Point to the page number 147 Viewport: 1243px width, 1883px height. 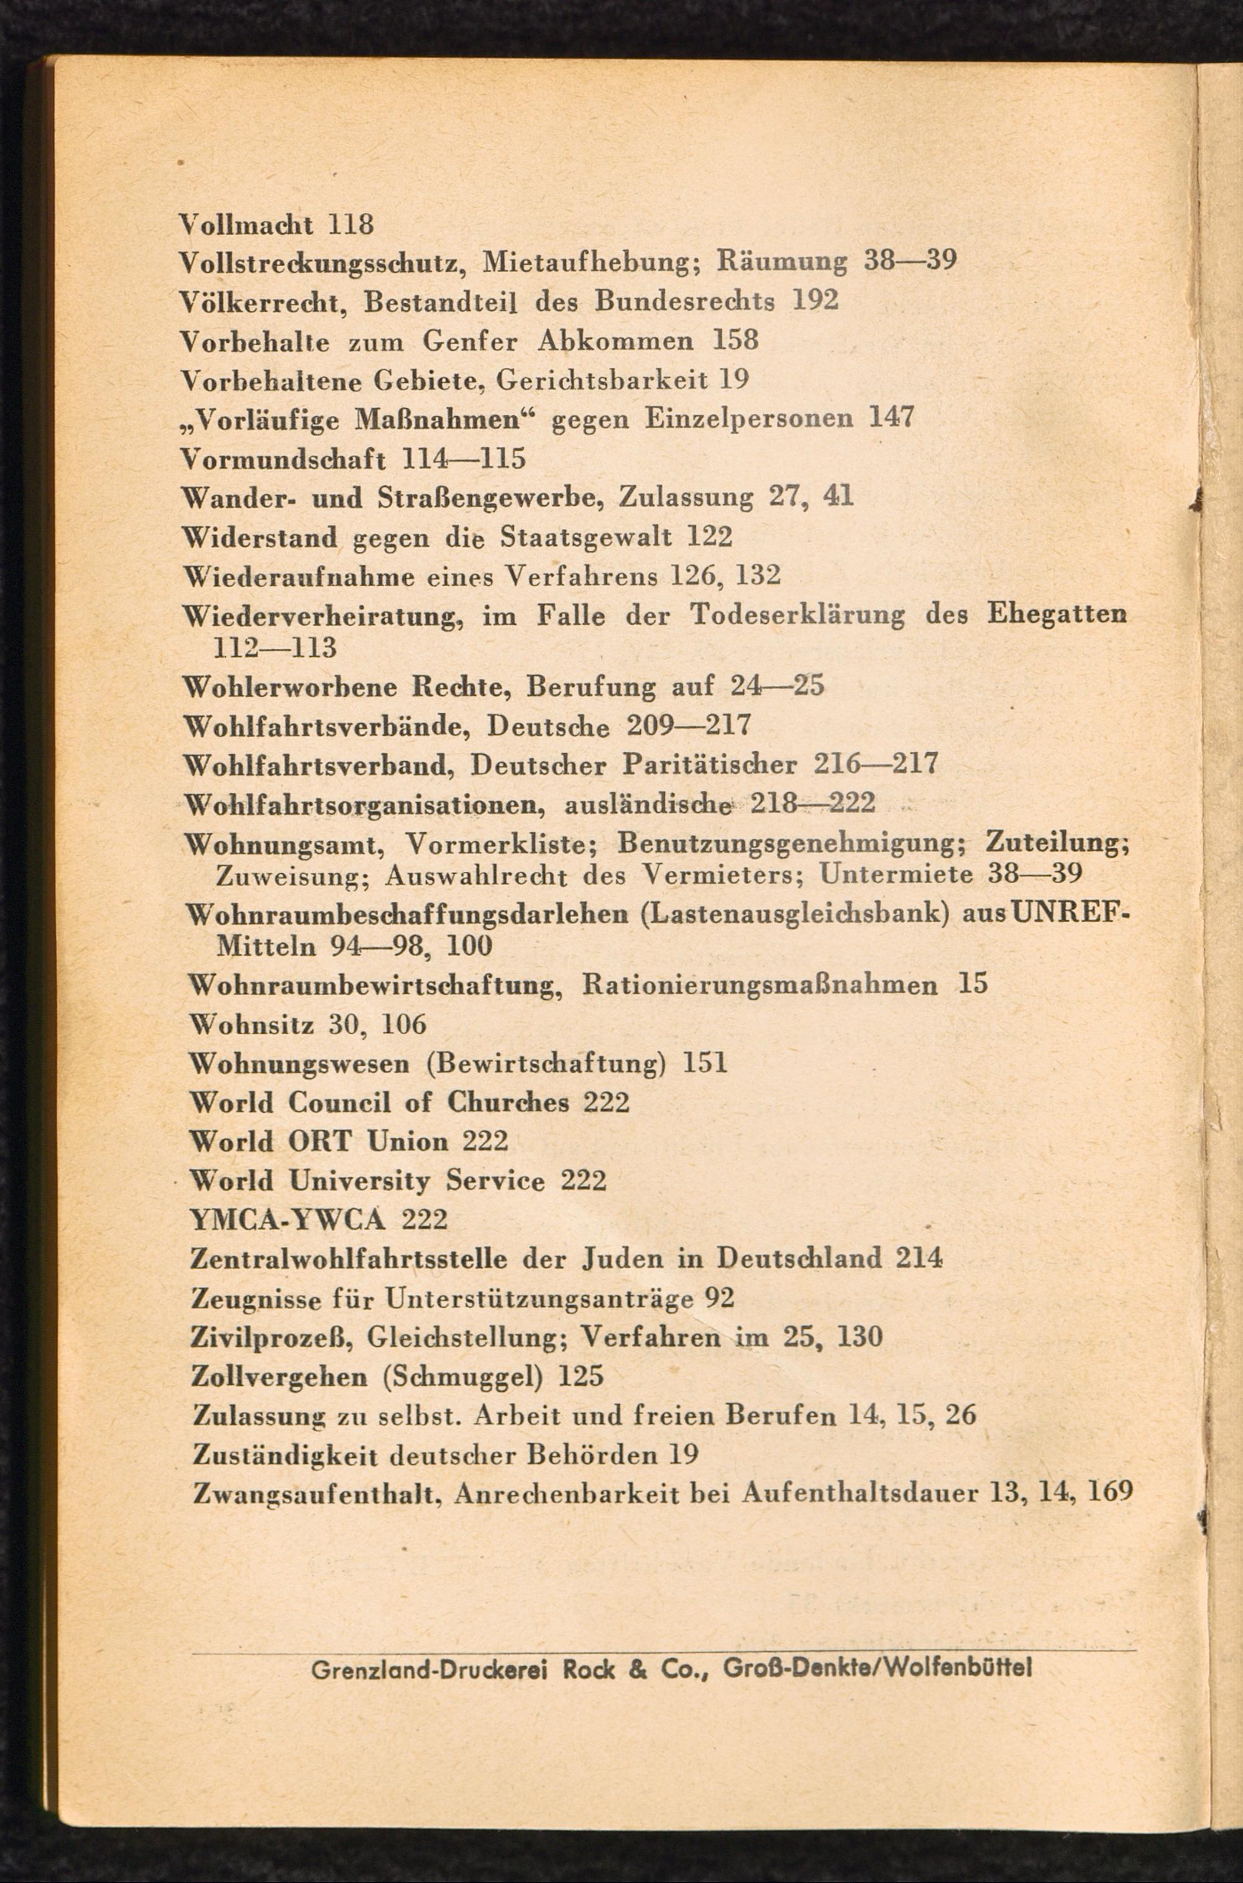click(892, 418)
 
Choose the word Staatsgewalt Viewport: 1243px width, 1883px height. click(587, 538)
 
